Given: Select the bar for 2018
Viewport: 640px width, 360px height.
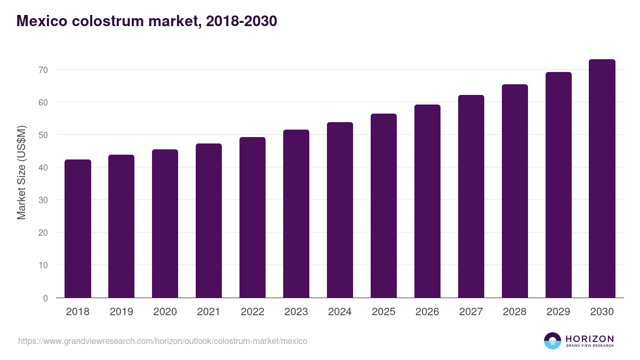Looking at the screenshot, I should tap(78, 229).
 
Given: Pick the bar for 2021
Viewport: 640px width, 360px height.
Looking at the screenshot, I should tap(209, 221).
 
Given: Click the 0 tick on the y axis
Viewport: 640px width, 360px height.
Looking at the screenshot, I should tap(45, 298).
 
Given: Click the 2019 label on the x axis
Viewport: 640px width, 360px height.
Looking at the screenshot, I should tap(121, 312).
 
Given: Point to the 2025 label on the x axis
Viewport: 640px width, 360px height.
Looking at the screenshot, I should tap(383, 312).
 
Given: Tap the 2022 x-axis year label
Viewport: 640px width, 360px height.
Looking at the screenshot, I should tap(252, 312).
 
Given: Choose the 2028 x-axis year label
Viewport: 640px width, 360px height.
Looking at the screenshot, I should tap(515, 312).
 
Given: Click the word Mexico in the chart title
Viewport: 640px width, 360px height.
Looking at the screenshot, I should tap(42, 21).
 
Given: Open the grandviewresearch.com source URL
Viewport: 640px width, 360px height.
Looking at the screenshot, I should tap(163, 341).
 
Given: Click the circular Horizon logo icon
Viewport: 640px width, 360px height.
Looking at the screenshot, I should tap(553, 341).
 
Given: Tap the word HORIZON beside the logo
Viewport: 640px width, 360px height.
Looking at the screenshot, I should tap(589, 339).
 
